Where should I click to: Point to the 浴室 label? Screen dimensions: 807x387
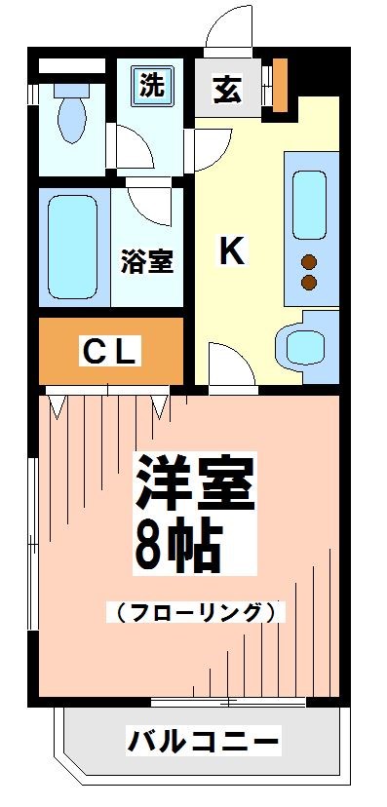(147, 262)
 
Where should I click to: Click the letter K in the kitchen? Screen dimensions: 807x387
(230, 252)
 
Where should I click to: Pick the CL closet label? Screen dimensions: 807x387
(107, 352)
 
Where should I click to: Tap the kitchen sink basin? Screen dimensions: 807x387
(311, 203)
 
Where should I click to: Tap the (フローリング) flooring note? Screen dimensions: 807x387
(196, 612)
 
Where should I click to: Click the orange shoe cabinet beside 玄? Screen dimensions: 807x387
(280, 84)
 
